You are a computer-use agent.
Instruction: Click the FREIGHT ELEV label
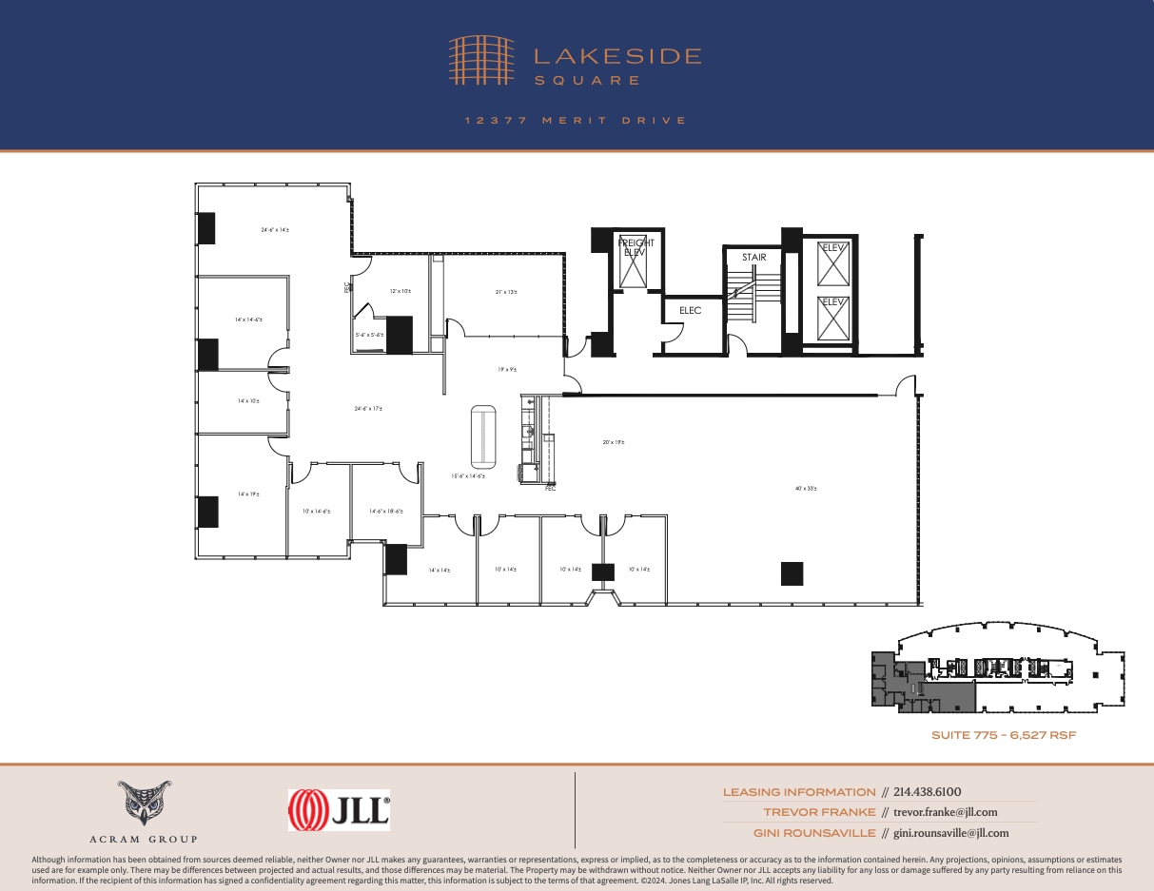[636, 248]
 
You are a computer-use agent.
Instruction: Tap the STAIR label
[753, 258]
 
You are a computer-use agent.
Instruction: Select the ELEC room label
[690, 310]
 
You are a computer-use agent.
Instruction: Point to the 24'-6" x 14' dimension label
[275, 229]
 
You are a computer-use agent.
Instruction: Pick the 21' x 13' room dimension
[506, 292]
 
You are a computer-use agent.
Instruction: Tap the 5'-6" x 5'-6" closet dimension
[369, 335]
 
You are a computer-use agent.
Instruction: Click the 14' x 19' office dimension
[248, 494]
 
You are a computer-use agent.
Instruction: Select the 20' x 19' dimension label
[614, 442]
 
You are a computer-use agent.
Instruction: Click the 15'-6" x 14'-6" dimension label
[468, 476]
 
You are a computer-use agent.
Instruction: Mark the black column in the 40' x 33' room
[792, 573]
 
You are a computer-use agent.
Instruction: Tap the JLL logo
[339, 810]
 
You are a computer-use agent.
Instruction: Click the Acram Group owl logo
[145, 804]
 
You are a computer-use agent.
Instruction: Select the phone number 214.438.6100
[928, 792]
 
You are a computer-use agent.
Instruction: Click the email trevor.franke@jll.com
[946, 812]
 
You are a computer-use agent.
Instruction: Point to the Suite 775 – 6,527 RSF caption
[1003, 735]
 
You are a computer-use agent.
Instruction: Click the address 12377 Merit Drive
[576, 121]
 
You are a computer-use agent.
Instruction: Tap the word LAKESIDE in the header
[616, 57]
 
